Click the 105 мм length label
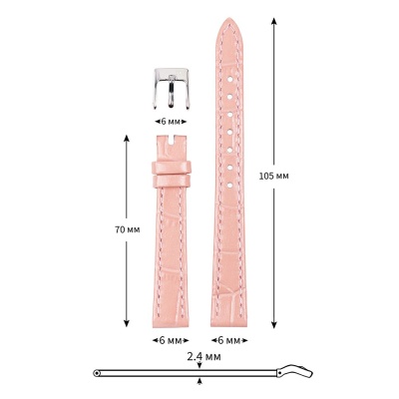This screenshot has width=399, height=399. pyautogui.click(x=273, y=176)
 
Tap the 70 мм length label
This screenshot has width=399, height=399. pyautogui.click(x=128, y=229)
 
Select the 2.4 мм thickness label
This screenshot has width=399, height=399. pyautogui.click(x=203, y=357)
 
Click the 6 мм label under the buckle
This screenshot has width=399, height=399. pyautogui.click(x=171, y=122)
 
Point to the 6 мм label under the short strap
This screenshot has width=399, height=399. pyautogui.click(x=171, y=340)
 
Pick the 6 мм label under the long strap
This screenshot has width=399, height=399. pyautogui.click(x=229, y=340)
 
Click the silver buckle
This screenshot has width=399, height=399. pyautogui.click(x=172, y=89)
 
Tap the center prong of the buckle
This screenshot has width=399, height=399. pyautogui.click(x=171, y=92)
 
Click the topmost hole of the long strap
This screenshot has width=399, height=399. pyautogui.click(x=229, y=79)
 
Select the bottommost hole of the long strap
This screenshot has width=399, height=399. pyautogui.click(x=229, y=186)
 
